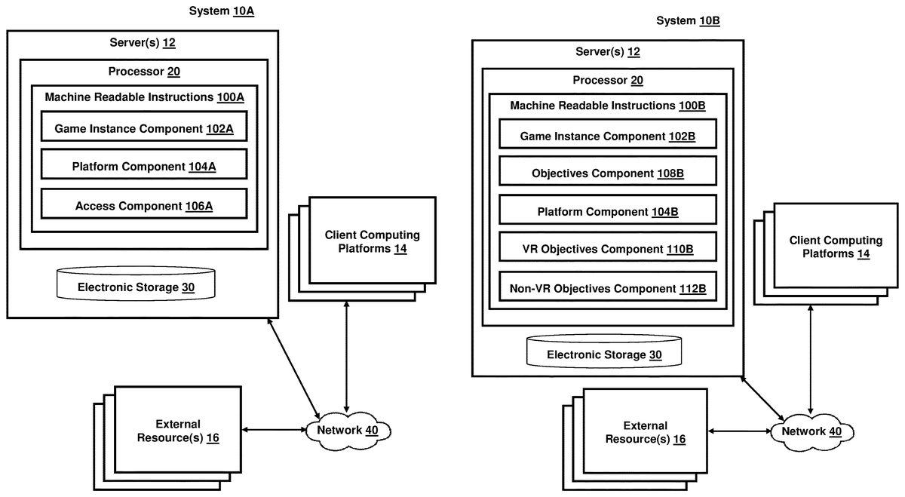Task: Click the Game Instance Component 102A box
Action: [143, 128]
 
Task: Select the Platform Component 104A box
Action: [143, 166]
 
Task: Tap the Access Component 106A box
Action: [143, 205]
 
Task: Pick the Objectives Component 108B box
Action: [607, 173]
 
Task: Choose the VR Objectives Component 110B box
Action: [607, 249]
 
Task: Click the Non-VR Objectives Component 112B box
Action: [607, 287]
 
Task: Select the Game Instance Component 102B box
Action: [607, 136]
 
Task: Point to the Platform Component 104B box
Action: [607, 212]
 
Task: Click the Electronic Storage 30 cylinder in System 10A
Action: [137, 285]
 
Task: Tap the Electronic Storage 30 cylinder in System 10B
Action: [603, 352]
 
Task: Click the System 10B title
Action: [689, 20]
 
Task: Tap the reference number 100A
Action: [230, 97]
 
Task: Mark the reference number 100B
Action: [692, 105]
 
